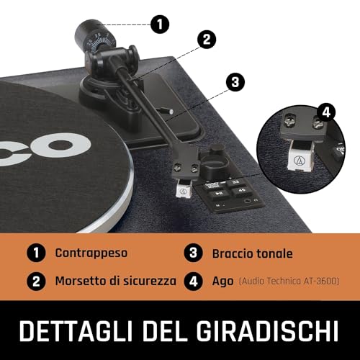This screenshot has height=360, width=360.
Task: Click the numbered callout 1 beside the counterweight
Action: click(160, 24)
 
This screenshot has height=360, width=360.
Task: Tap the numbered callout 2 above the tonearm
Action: click(207, 40)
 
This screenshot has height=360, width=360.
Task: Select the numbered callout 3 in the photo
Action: click(235, 82)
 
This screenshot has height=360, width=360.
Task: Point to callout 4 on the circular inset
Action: click(326, 112)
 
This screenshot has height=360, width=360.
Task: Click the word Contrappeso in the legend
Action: click(91, 253)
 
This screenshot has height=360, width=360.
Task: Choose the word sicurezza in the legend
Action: click(150, 281)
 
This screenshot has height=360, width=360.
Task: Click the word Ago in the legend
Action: click(222, 282)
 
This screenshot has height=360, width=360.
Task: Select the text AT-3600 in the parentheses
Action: click(321, 281)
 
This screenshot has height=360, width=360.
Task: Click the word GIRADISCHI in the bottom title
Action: click(267, 330)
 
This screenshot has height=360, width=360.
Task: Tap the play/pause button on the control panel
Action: click(219, 193)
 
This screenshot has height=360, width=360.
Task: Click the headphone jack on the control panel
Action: click(248, 201)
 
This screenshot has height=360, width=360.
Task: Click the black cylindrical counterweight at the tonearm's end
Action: click(87, 31)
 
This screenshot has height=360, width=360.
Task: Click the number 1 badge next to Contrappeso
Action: click(36, 253)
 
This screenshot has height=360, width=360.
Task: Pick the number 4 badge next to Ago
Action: click(194, 281)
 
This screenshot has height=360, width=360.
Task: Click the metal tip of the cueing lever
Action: click(171, 112)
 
